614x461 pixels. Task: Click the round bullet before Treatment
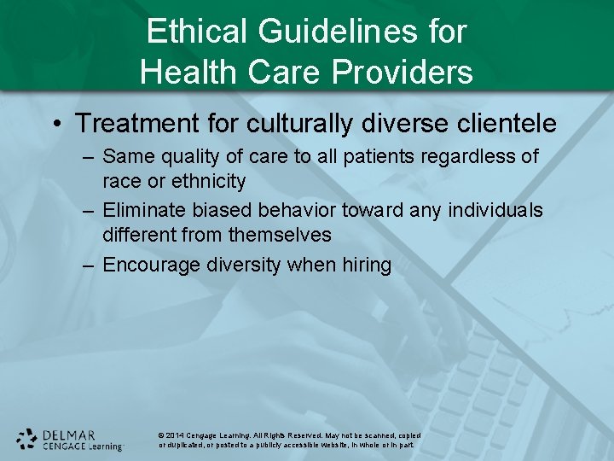coord(57,125)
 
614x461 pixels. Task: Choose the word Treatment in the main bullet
coord(132,124)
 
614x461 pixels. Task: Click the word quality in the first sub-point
coord(188,157)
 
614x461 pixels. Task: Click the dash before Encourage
coord(88,266)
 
